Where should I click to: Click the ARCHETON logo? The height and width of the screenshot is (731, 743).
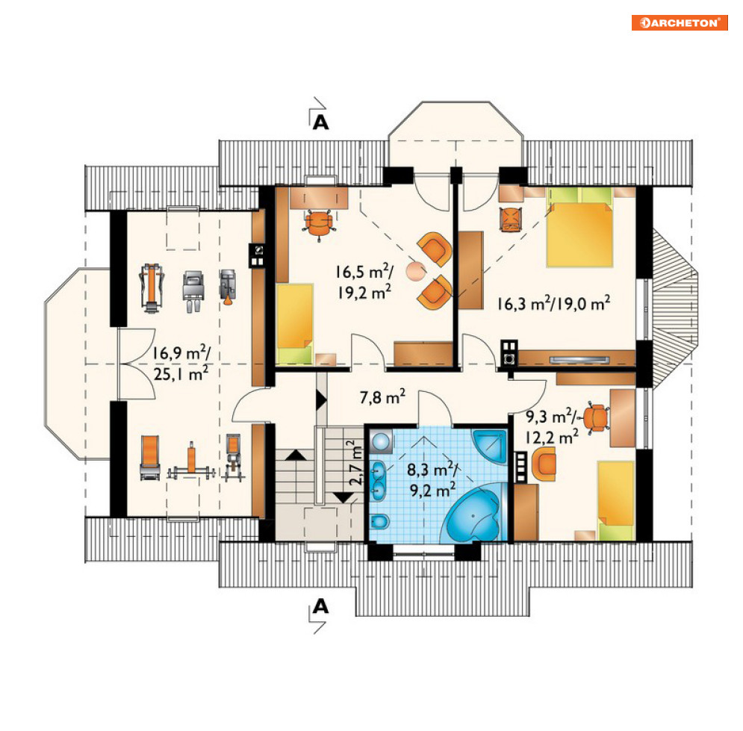pos(679,22)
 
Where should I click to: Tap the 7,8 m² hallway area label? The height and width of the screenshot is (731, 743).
pos(382,396)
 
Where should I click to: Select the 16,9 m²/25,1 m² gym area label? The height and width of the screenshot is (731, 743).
pos(181,363)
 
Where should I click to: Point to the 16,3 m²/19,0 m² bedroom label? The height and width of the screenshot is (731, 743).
pos(553,302)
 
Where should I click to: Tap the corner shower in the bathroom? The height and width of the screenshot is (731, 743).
pos(490,447)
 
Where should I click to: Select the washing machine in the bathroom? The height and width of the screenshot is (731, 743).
pos(381,441)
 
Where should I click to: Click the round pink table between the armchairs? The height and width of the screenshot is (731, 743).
pos(416,272)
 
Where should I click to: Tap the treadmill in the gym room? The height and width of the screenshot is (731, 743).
pos(152,287)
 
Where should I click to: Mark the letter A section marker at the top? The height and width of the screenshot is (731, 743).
pos(321,122)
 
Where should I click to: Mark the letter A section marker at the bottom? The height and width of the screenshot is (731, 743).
pos(321,606)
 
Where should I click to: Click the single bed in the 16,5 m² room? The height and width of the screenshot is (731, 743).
pos(295,323)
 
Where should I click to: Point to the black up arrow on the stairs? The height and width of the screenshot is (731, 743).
pos(296,455)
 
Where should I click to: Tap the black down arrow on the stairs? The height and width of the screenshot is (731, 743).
pos(343,498)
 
